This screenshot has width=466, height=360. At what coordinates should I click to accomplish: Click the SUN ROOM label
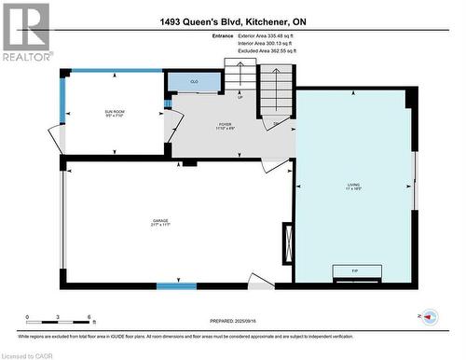tap(115, 115)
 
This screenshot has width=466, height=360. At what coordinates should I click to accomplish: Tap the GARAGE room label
tap(161, 223)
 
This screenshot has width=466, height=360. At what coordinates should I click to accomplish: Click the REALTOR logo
tap(25, 32)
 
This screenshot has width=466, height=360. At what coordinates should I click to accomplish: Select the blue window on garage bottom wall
tap(171, 285)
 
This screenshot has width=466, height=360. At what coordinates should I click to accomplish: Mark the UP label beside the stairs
tap(240, 96)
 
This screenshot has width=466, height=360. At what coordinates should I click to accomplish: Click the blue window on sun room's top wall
tap(93, 71)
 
